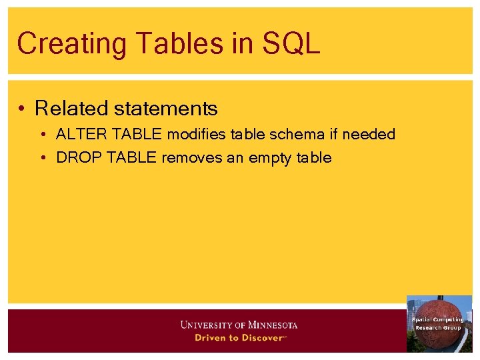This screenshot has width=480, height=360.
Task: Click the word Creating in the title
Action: coord(71,43)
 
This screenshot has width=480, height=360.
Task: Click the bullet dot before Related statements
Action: coord(23,108)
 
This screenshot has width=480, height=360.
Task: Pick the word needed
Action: coord(370,135)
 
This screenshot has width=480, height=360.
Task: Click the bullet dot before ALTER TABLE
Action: coord(43,135)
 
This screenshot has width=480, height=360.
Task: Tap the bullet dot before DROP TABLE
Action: coord(43,158)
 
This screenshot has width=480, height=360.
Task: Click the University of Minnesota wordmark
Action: coord(239,325)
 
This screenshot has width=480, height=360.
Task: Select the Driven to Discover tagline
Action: coord(239,337)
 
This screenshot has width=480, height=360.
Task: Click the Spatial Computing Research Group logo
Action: coord(439,323)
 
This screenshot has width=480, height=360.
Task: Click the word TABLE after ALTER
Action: coord(137,135)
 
